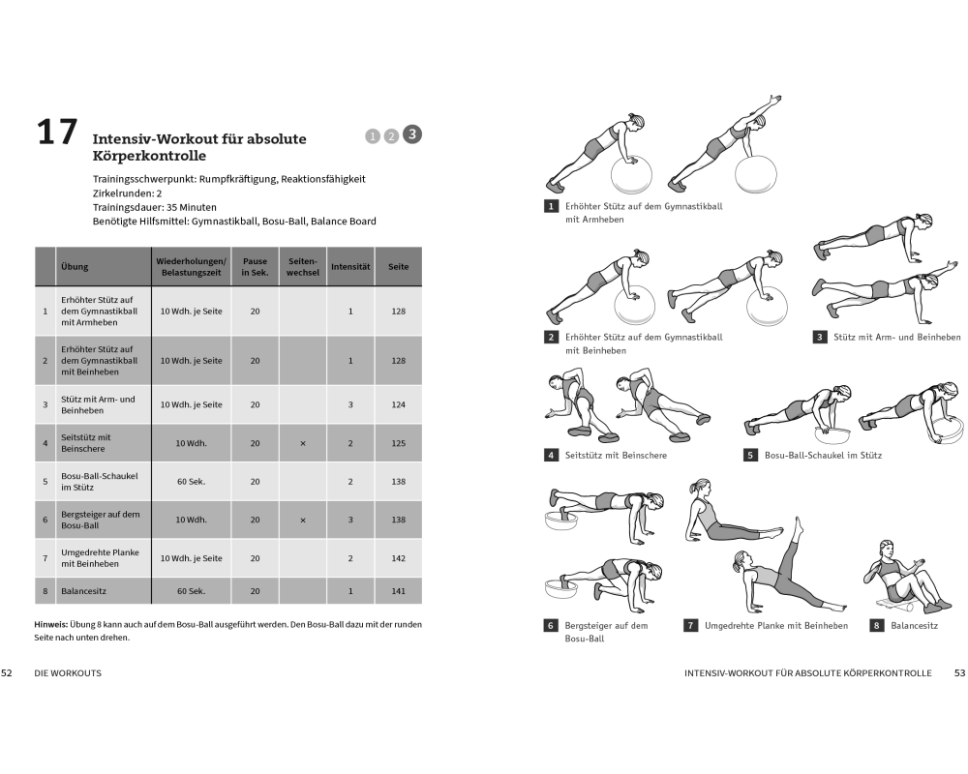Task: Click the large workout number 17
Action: (x=56, y=133)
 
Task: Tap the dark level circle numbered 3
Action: (x=412, y=134)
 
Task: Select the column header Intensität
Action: (x=350, y=266)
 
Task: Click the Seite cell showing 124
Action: (x=398, y=404)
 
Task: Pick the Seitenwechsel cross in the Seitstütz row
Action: (x=303, y=443)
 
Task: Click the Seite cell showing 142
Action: (x=398, y=558)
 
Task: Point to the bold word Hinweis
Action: (x=51, y=624)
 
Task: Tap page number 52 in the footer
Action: (x=7, y=671)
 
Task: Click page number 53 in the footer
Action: (x=959, y=671)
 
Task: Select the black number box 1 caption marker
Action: (x=551, y=206)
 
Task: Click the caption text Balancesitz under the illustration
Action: (x=915, y=626)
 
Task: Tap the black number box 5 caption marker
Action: (x=750, y=455)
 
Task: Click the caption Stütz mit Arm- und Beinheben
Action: (x=897, y=337)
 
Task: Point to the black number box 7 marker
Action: (x=691, y=626)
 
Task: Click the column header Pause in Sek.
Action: (x=255, y=266)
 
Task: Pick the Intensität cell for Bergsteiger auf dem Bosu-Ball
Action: (x=350, y=520)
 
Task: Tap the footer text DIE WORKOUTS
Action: (x=68, y=671)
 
